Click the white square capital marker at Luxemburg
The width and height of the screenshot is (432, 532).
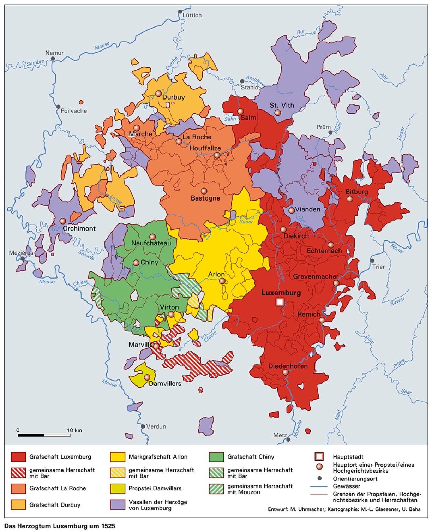(x=280, y=302)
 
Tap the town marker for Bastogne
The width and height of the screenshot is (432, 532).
(x=204, y=191)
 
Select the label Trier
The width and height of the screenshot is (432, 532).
(x=378, y=267)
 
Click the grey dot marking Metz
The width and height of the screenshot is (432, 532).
(x=288, y=440)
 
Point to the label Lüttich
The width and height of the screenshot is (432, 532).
(x=192, y=15)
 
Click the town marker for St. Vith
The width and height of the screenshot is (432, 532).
(x=277, y=113)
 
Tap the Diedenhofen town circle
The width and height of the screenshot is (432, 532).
(x=286, y=372)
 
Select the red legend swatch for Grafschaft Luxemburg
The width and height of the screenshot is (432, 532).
(x=18, y=457)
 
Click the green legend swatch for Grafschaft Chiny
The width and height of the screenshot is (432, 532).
(x=216, y=457)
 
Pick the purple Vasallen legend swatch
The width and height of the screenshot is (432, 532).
(x=118, y=504)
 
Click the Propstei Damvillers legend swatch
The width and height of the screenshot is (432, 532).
(x=118, y=489)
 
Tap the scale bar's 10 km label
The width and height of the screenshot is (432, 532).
(x=74, y=430)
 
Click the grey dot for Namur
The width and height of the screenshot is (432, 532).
(x=53, y=59)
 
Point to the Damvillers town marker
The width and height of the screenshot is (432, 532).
(x=147, y=377)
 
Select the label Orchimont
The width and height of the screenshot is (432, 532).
(x=79, y=228)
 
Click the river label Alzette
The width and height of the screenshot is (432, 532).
(x=281, y=274)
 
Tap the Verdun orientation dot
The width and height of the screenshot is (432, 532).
(x=143, y=426)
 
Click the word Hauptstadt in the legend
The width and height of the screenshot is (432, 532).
(x=348, y=457)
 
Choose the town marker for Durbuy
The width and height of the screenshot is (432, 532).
(x=158, y=94)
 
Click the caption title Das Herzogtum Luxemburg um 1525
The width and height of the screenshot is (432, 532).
(x=60, y=526)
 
